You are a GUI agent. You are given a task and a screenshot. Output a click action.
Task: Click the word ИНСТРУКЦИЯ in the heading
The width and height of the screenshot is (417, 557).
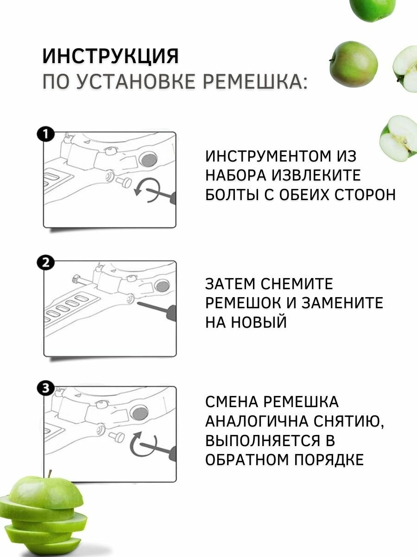(x=110, y=56)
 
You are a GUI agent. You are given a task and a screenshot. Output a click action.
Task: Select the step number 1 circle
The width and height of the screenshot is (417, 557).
(x=45, y=135)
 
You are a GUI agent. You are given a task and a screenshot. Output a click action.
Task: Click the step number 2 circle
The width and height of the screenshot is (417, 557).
(x=45, y=263)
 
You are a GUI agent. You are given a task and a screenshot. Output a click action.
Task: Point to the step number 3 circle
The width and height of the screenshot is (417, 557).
(x=45, y=389)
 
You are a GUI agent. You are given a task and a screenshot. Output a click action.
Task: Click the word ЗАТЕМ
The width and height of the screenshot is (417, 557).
(x=230, y=284)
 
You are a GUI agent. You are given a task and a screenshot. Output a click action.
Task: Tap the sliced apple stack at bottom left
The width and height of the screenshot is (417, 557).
(x=44, y=515)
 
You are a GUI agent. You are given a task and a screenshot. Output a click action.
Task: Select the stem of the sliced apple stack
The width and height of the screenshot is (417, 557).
(x=50, y=474)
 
